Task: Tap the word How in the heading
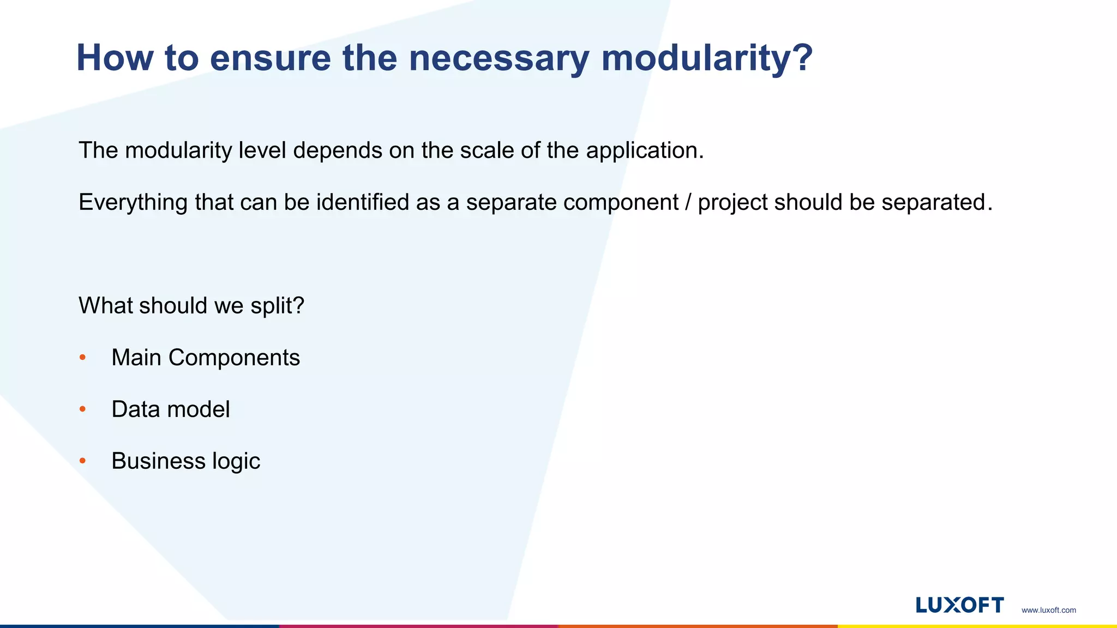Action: (115, 57)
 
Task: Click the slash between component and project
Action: (688, 202)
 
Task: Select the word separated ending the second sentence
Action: (933, 203)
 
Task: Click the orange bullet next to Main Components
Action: (83, 358)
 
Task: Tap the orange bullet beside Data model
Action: (83, 409)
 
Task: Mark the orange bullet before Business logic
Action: (83, 461)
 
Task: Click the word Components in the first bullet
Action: (234, 358)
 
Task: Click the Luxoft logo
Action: (959, 605)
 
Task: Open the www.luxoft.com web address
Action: (1048, 610)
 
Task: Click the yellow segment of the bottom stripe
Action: (977, 626)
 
